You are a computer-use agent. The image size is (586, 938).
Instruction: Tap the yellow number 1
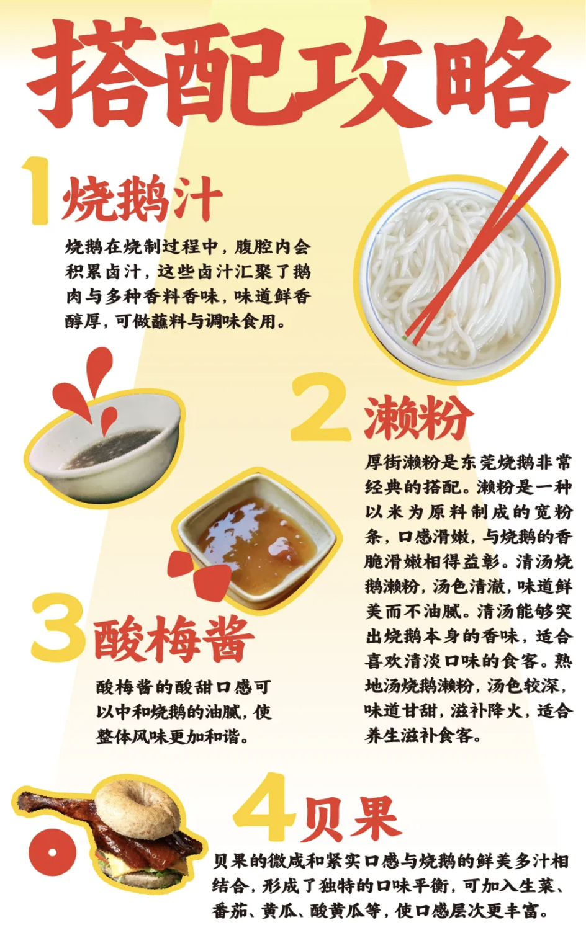coord(37,190)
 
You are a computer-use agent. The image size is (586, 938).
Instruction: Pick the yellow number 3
coord(58,628)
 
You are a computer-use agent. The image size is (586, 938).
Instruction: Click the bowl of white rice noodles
coord(456,279)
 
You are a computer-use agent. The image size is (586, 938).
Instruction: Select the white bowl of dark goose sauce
coord(105,448)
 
